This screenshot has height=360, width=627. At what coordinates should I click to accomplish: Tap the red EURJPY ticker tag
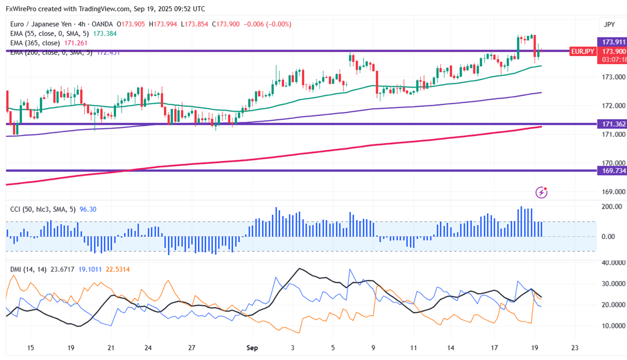[582, 51]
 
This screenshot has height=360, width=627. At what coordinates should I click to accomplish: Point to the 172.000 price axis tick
[612, 105]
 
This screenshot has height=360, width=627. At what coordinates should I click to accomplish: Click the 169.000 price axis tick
[612, 192]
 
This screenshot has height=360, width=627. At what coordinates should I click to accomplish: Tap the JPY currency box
[609, 25]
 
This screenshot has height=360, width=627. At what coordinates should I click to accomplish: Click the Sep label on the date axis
[252, 348]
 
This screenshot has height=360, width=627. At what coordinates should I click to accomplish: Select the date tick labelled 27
[192, 348]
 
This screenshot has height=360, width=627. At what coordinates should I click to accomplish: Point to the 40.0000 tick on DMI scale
[612, 262]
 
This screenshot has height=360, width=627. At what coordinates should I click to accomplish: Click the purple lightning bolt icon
[541, 192]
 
